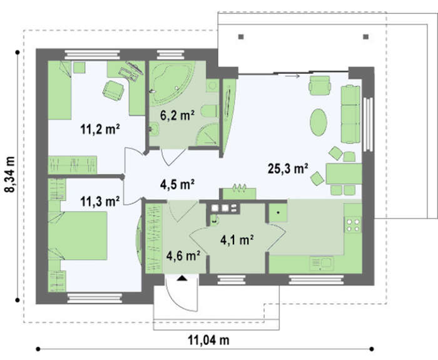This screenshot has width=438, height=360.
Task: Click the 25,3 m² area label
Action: (x=288, y=169)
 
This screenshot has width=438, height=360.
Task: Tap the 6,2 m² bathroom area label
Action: (x=177, y=115)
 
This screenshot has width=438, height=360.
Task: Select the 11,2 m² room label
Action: (x=100, y=130)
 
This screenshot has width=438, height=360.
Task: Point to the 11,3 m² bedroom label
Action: (x=99, y=201)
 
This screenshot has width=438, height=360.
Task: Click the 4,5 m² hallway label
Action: (x=177, y=185)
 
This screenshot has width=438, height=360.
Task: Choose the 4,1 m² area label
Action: (x=237, y=240)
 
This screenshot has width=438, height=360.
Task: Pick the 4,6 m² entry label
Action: (x=183, y=255)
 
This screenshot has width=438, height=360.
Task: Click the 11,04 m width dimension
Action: (x=208, y=340)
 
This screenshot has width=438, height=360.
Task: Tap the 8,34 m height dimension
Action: (x=10, y=174)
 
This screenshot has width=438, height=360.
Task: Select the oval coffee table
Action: (x=318, y=123)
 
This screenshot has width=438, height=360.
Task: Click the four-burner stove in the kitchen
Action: (x=353, y=225)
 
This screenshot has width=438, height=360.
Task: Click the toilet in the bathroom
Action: (x=210, y=111)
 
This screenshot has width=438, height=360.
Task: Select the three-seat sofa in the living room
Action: (x=350, y=115)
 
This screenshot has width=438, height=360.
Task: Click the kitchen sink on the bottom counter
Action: (x=322, y=264)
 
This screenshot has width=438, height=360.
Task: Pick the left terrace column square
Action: (x=242, y=36)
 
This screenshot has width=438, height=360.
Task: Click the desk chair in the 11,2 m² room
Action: (x=113, y=90)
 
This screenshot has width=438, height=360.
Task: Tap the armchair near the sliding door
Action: (x=320, y=85)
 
